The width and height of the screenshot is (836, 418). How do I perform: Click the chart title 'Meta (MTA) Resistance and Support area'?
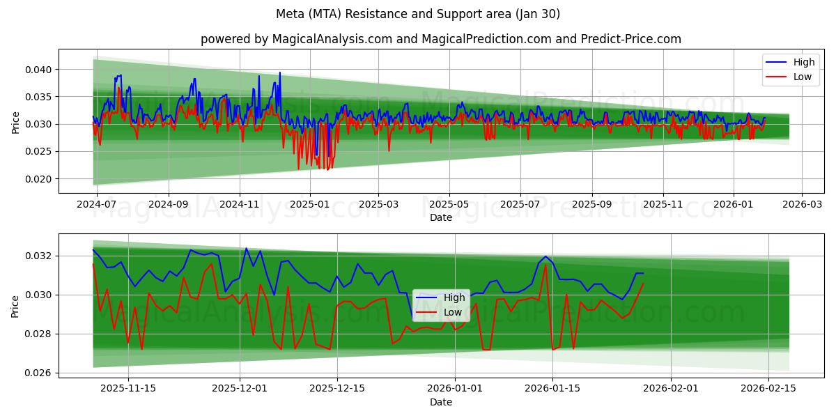click(417, 14)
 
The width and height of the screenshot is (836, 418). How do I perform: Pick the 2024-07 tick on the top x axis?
click(97, 205)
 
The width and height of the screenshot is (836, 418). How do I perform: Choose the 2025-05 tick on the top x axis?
click(449, 205)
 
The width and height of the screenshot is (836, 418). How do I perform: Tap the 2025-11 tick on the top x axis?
click(663, 205)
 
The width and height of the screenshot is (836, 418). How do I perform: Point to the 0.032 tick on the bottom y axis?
click(38, 256)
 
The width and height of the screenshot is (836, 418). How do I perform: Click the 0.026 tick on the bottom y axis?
click(38, 373)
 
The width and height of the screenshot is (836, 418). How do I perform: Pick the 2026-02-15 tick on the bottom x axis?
click(768, 389)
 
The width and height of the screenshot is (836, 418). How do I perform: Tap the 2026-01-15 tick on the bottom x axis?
click(552, 389)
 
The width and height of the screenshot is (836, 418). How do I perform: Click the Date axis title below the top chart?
click(440, 217)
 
